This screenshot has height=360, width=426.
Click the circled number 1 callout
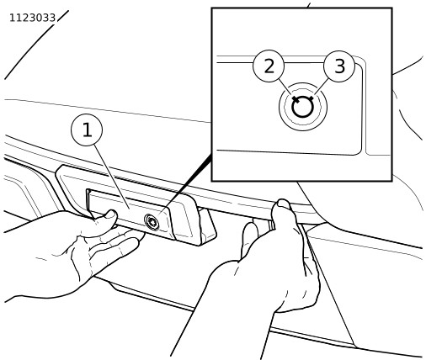(x=87, y=130)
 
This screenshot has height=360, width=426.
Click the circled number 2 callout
(x=269, y=66)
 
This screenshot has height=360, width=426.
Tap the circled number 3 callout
(x=339, y=66)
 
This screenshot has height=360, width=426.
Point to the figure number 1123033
(x=33, y=18)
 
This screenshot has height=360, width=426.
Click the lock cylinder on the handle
(x=152, y=222)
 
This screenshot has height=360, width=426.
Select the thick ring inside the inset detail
(x=302, y=107)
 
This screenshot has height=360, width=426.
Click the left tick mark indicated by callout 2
(x=296, y=99)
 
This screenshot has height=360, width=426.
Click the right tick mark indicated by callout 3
(x=310, y=99)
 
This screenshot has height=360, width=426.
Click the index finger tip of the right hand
(x=250, y=228)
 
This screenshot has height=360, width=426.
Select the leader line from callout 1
(x=112, y=177)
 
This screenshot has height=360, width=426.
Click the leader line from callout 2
(x=285, y=87)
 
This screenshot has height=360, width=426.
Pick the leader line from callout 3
(x=322, y=87)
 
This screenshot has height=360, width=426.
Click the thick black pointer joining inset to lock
(x=186, y=184)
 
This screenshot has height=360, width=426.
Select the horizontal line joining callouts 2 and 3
(x=304, y=62)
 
